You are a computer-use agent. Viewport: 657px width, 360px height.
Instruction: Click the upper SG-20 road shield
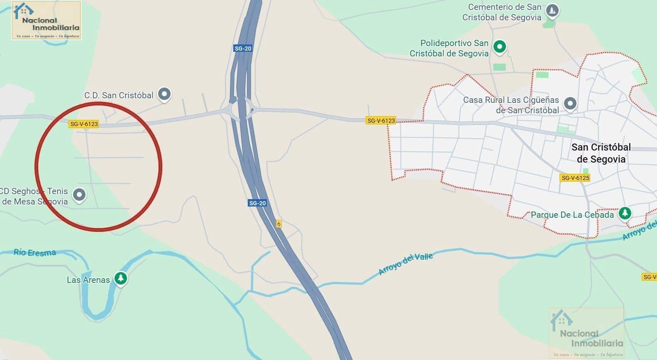(243, 49)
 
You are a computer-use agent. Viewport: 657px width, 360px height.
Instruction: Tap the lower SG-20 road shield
(257, 203)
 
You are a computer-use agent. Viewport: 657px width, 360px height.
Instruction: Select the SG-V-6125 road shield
(575, 178)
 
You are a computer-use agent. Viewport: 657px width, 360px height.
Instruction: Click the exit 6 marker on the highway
(278, 224)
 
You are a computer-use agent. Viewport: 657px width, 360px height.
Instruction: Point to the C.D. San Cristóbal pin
(165, 94)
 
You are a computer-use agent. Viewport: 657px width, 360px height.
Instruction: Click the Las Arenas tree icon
(121, 278)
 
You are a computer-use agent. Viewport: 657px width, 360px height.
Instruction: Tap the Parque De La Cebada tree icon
(624, 214)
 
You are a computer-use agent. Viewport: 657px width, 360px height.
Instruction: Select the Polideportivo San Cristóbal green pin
(500, 46)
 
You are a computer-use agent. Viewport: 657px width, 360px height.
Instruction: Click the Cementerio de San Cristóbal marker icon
(552, 10)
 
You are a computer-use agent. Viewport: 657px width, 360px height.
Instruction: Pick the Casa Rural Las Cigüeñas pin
(570, 103)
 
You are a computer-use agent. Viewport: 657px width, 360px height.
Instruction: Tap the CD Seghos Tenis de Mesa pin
(79, 195)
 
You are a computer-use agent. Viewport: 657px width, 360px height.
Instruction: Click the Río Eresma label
(35, 252)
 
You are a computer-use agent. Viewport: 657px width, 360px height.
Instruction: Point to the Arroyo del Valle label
(405, 264)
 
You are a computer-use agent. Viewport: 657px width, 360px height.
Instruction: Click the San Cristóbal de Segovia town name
(601, 153)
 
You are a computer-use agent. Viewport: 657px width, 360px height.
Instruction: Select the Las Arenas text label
(88, 280)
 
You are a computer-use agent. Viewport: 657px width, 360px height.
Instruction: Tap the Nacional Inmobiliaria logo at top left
(46, 20)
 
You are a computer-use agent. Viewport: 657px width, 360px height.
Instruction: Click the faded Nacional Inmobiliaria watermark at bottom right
(586, 333)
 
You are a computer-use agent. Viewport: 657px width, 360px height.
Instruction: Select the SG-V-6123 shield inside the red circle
(84, 124)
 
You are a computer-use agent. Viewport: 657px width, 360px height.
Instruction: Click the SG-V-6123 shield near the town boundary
(381, 121)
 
